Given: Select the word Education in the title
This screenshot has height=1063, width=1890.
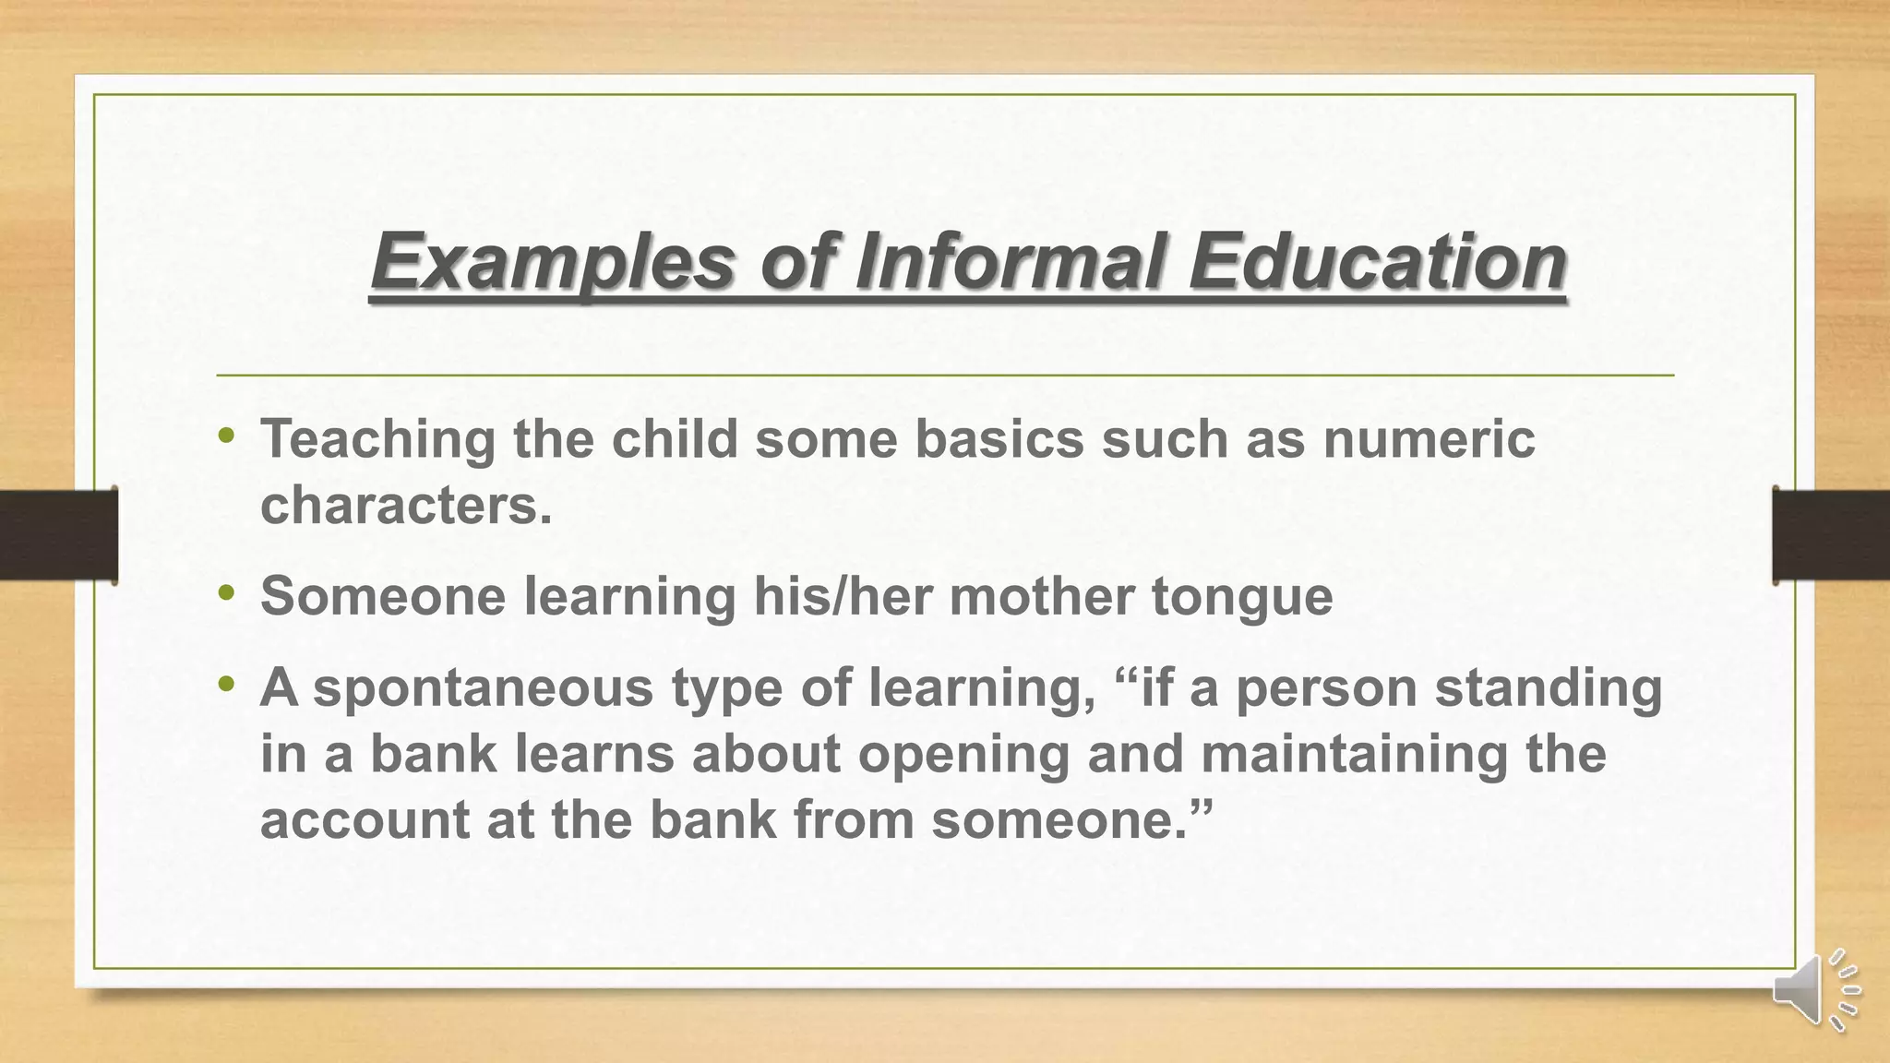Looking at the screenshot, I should pyautogui.click(x=1377, y=261).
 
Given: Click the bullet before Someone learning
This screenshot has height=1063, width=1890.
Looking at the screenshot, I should pyautogui.click(x=227, y=592).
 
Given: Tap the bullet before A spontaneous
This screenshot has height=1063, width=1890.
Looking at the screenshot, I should pyautogui.click(x=227, y=685).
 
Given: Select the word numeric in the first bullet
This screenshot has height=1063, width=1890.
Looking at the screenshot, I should pyautogui.click(x=1429, y=438).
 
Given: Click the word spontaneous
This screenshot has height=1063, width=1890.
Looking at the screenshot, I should pyautogui.click(x=483, y=689).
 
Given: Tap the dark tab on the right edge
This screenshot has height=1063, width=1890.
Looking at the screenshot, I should pyautogui.click(x=1830, y=534).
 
